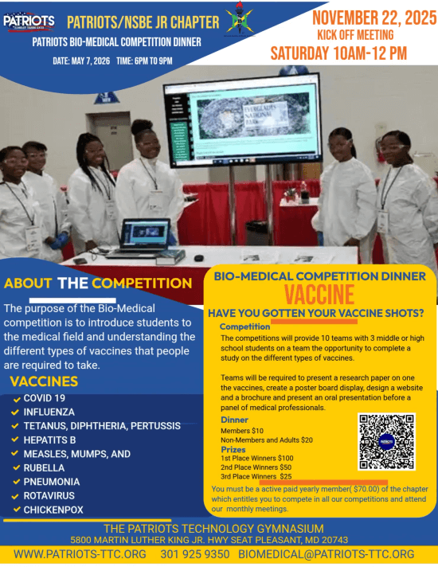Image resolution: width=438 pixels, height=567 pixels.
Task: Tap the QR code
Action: tap(386, 441)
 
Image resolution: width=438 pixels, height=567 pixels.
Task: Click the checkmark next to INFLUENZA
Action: tap(15, 413)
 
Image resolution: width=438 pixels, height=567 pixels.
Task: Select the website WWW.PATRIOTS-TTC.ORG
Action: tap(79, 554)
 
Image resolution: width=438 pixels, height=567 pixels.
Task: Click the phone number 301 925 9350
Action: tap(195, 554)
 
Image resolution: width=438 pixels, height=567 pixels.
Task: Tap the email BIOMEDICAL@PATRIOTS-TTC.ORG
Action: tap(327, 554)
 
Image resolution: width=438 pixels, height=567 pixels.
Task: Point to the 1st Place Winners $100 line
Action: tap(256, 458)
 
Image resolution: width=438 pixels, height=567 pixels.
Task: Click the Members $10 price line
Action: tap(244, 430)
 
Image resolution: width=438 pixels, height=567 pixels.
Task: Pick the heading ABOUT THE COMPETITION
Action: tap(98, 283)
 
